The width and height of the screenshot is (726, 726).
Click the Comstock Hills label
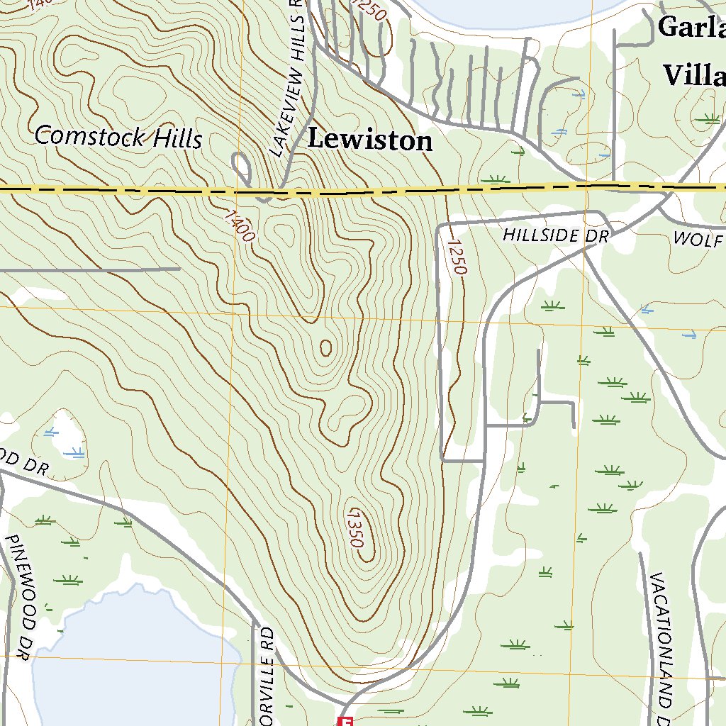(118, 136)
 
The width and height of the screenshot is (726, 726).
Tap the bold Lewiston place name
(369, 140)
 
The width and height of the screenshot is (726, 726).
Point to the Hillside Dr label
(556, 235)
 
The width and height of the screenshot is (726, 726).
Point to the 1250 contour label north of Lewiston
(371, 14)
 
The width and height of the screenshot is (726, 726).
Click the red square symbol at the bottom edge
(346, 721)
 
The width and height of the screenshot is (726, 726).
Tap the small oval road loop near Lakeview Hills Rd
(242, 169)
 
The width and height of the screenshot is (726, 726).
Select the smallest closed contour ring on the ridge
(325, 347)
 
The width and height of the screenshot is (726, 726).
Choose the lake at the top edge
(510, 11)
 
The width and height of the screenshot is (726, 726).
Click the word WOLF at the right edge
(698, 239)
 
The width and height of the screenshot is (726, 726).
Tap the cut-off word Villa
(694, 74)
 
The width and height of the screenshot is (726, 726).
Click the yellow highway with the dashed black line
(142, 191)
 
